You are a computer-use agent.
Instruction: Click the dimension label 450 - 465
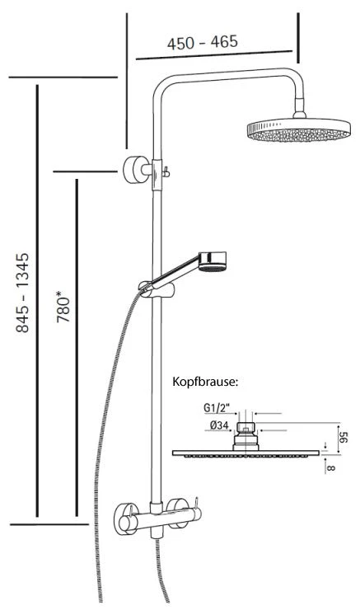(203, 42)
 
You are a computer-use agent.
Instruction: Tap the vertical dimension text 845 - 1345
(22, 293)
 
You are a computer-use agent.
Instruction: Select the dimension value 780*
(63, 310)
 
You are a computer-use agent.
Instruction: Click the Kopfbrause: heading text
(205, 382)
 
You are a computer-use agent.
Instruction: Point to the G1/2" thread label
(214, 409)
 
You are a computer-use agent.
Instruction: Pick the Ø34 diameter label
(219, 425)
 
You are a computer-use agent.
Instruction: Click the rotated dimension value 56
(344, 437)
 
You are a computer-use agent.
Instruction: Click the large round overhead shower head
(298, 130)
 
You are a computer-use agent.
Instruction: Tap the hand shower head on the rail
(213, 261)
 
